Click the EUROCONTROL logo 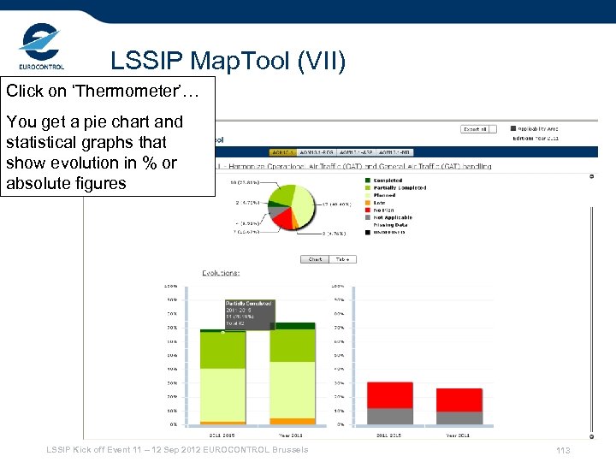tap(40, 47)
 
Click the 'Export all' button tap(475, 129)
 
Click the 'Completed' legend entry tap(387, 181)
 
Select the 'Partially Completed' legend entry tap(399, 187)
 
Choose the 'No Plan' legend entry tap(384, 210)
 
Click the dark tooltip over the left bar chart tap(248, 314)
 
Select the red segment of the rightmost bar tap(459, 400)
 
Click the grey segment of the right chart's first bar tap(389, 417)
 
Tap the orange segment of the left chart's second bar tap(292, 421)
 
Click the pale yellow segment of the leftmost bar tap(222, 394)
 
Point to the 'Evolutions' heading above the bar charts tap(221, 273)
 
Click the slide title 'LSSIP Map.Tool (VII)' tap(228, 62)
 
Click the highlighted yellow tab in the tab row tap(281, 151)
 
